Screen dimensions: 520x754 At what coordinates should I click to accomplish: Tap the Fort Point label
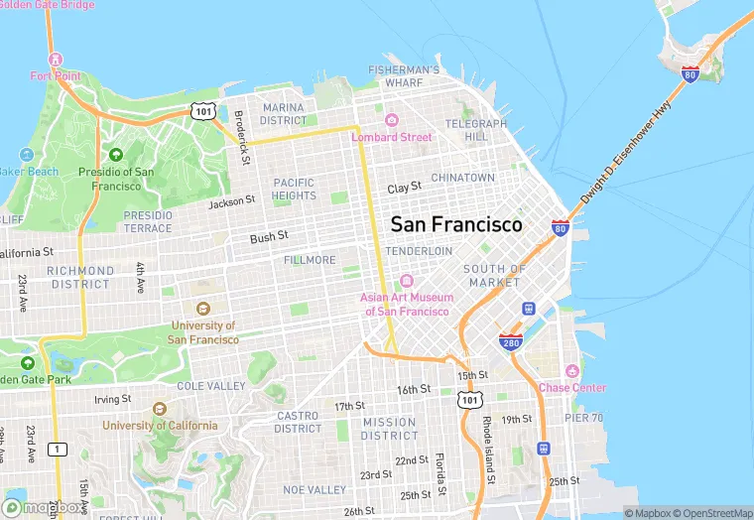coord(55,75)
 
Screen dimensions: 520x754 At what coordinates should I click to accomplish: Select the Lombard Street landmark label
coord(392,137)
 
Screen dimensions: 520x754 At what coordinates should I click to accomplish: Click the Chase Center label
coord(572,387)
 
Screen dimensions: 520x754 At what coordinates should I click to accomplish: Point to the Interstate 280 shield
coord(511,342)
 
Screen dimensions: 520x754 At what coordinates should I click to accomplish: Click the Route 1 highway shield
coord(58,450)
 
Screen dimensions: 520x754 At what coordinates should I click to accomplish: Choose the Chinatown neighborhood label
coord(462,178)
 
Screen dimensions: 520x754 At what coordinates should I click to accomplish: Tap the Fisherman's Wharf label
coord(404,76)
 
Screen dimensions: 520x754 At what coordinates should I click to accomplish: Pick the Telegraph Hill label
coord(475,130)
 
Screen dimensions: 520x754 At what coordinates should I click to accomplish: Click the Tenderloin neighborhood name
coord(419,252)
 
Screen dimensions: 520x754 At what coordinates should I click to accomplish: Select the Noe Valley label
coord(314,490)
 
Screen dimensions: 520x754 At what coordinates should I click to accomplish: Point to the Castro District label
coord(298,422)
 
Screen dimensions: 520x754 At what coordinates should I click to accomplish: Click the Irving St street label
coord(112,399)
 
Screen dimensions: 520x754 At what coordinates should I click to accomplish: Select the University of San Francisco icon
coord(203,308)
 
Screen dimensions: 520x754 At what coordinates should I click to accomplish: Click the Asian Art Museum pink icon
coord(407,281)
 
